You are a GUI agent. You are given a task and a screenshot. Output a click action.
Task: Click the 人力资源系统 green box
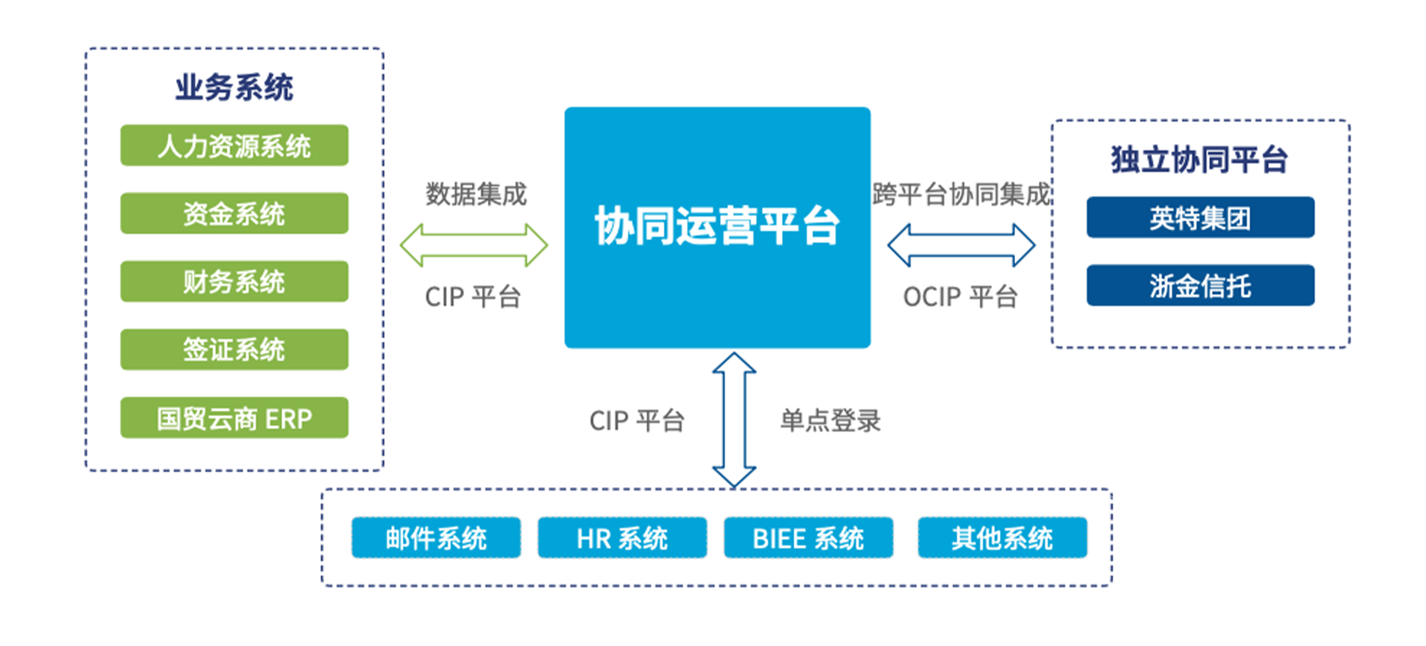point(234,145)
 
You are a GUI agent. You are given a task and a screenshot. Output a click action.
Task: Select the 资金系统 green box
point(234,213)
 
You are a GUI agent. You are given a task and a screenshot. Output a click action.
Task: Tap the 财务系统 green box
point(234,282)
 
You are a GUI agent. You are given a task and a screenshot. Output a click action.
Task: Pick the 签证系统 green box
point(234,350)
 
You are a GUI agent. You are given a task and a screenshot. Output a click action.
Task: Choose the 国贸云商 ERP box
point(234,418)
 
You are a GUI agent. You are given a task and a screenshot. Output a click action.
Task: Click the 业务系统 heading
point(234,87)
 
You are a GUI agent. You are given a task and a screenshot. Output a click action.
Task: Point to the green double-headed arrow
point(474,245)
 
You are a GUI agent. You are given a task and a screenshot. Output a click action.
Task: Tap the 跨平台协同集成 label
point(961,194)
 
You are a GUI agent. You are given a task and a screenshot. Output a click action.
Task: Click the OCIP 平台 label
point(960,297)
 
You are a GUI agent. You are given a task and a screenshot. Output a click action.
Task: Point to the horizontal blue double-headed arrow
point(961,245)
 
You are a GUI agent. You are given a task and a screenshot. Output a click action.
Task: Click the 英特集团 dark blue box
point(1200,218)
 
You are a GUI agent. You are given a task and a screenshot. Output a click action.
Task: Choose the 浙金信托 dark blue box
point(1200,286)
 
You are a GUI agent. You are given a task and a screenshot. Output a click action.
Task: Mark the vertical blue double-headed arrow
point(734,420)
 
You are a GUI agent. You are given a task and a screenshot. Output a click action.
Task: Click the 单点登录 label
point(830,421)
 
